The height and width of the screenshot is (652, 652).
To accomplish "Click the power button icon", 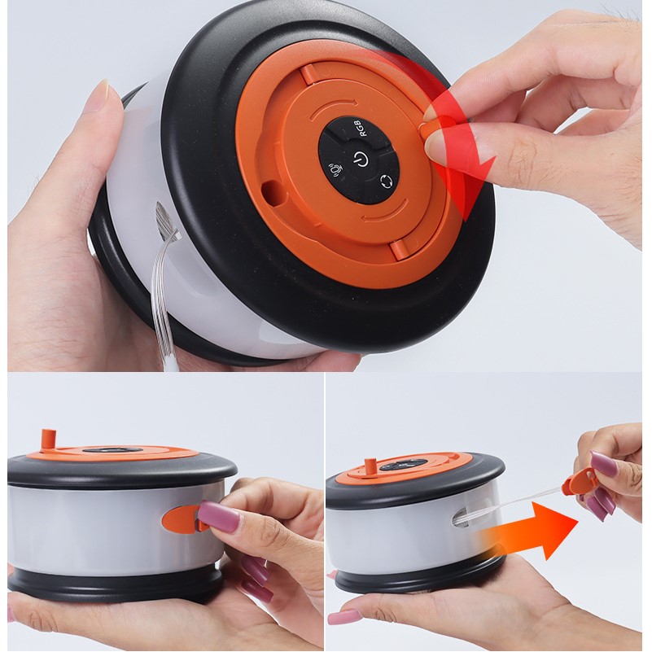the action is (361, 158).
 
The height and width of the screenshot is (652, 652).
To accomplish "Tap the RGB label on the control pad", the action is (360, 128).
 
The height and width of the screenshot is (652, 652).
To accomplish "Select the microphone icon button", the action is (335, 169).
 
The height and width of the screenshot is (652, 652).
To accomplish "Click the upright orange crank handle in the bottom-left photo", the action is (49, 440).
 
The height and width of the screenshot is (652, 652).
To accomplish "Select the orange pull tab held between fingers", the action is (580, 483).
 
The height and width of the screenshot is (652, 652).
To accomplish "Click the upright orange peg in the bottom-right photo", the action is (370, 467).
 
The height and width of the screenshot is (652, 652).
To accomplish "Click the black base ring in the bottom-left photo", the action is (116, 581).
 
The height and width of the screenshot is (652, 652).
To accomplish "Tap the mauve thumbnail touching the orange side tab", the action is (218, 515).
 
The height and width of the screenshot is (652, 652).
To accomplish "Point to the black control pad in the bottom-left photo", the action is (109, 450).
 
